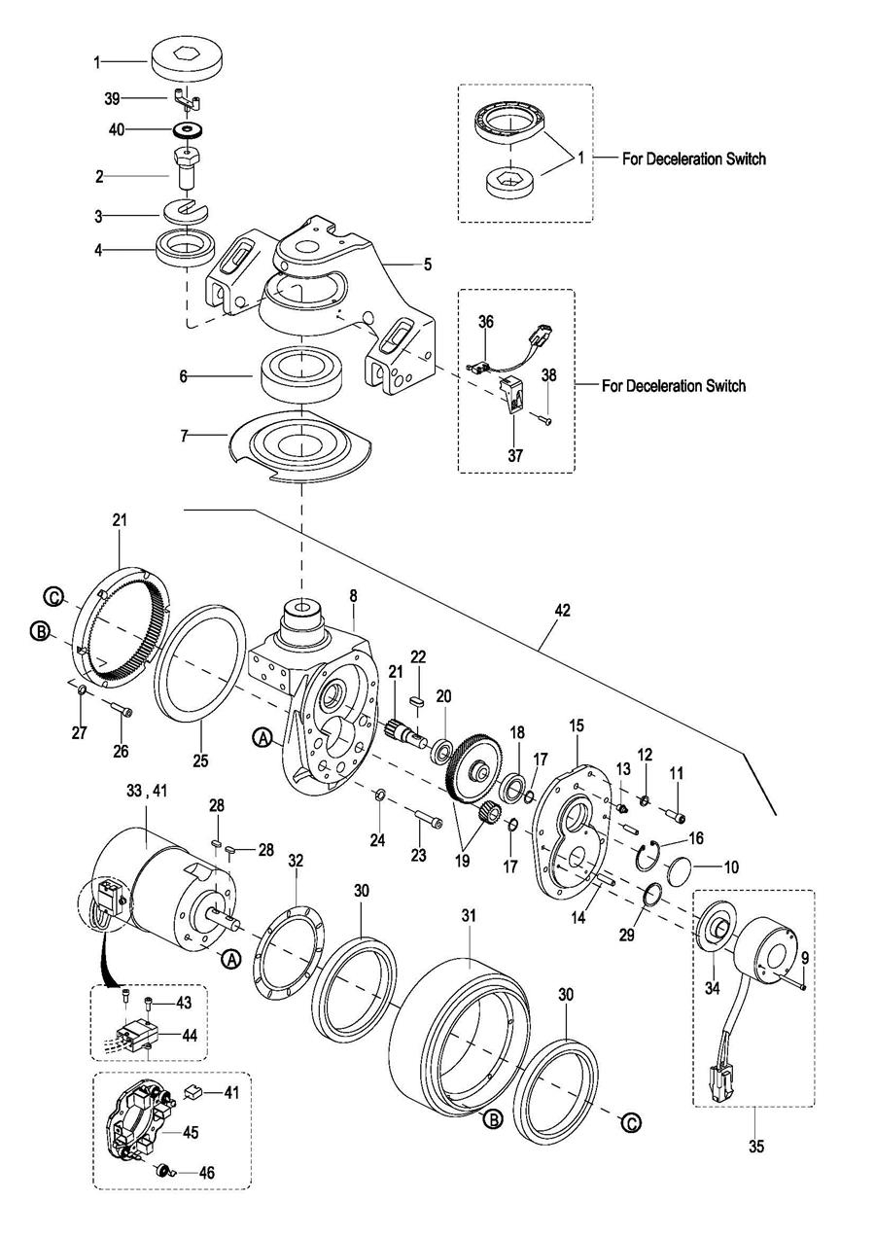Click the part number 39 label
(x=112, y=99)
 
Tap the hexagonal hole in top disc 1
(x=186, y=53)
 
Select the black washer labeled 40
(x=189, y=130)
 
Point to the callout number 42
(x=561, y=610)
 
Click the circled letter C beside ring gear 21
(x=54, y=597)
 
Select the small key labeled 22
(x=418, y=701)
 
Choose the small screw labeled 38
(x=546, y=421)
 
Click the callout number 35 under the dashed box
(x=756, y=1146)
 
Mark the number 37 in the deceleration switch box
(x=514, y=455)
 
